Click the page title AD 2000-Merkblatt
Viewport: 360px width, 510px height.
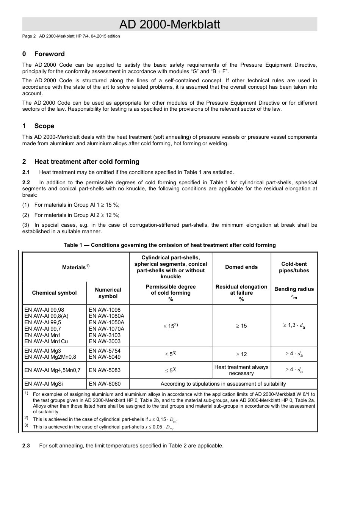(169, 24)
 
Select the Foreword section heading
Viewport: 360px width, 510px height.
(49, 54)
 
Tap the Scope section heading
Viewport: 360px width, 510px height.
(44, 126)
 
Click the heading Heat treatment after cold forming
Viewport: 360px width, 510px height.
(87, 162)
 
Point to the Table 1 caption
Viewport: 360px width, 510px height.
(169, 245)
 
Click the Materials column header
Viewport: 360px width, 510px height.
(76, 267)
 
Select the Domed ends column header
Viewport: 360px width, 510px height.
(241, 267)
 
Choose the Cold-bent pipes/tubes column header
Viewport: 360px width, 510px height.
(294, 267)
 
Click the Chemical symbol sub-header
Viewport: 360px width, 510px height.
(54, 293)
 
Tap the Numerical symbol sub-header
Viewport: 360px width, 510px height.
(108, 293)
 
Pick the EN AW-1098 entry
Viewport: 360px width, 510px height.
(105, 310)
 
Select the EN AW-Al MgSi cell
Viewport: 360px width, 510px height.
(44, 384)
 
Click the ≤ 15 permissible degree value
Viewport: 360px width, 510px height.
(171, 326)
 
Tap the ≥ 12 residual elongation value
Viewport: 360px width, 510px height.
(241, 354)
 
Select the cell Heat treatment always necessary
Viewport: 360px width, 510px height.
(241, 370)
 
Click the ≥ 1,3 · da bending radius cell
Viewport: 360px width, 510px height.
(294, 325)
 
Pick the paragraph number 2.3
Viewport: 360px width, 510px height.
(26, 446)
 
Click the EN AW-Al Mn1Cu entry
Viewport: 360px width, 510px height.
(46, 341)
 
